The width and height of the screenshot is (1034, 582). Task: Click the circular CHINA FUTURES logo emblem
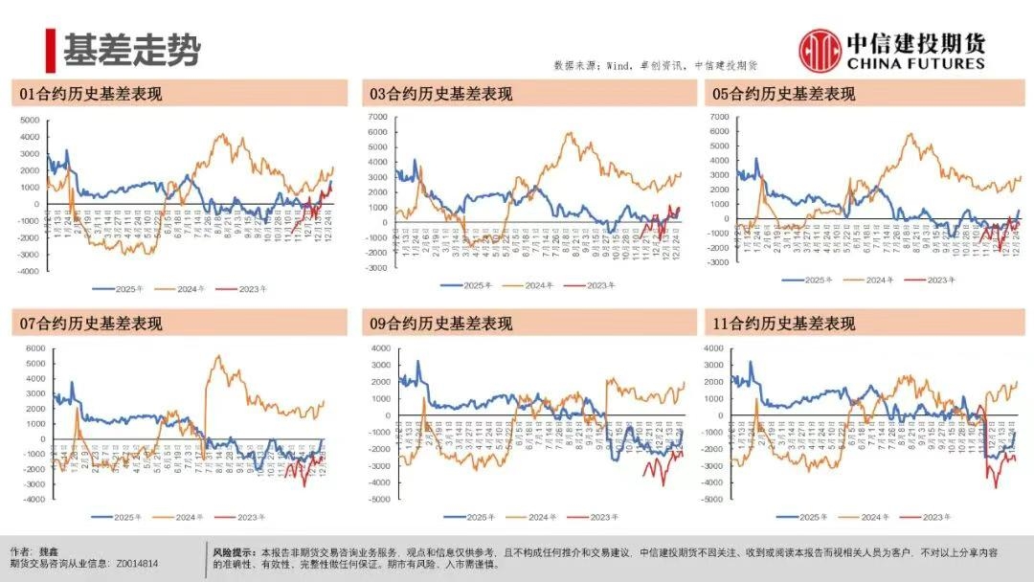[820, 49]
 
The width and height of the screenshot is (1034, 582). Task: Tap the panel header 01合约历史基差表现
[92, 94]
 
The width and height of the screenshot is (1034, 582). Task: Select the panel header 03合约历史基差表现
[441, 94]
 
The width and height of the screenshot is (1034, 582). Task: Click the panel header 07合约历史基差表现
[92, 324]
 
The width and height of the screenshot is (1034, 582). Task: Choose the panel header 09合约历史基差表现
[441, 324]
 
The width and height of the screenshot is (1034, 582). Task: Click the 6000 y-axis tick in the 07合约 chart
[35, 348]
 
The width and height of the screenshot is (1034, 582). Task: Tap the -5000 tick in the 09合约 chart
[380, 500]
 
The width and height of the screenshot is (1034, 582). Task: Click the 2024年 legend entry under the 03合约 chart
[540, 285]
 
